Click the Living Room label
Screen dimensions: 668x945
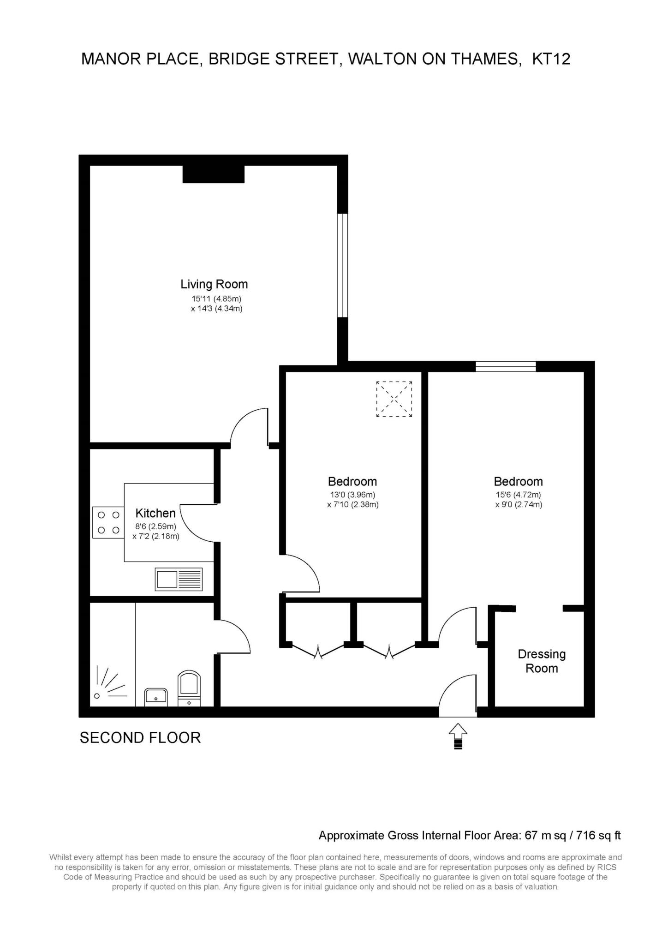[x=214, y=284]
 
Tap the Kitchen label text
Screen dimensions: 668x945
[x=155, y=513]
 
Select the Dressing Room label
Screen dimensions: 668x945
[x=542, y=661]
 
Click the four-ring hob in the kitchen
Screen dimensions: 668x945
[x=108, y=522]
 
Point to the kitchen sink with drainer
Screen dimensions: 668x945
[x=179, y=579]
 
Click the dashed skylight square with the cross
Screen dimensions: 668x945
[x=394, y=399]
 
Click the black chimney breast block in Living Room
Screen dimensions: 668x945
[x=214, y=174]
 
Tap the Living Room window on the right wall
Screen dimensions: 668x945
[x=342, y=265]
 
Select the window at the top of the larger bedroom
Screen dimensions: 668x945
[x=506, y=366]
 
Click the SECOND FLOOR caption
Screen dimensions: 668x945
[x=140, y=737]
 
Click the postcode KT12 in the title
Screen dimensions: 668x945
[x=551, y=59]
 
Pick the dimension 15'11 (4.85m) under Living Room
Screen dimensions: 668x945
[x=217, y=299]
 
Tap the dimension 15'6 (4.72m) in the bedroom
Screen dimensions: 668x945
[x=518, y=495]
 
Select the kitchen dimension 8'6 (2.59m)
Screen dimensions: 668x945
[x=155, y=526]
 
